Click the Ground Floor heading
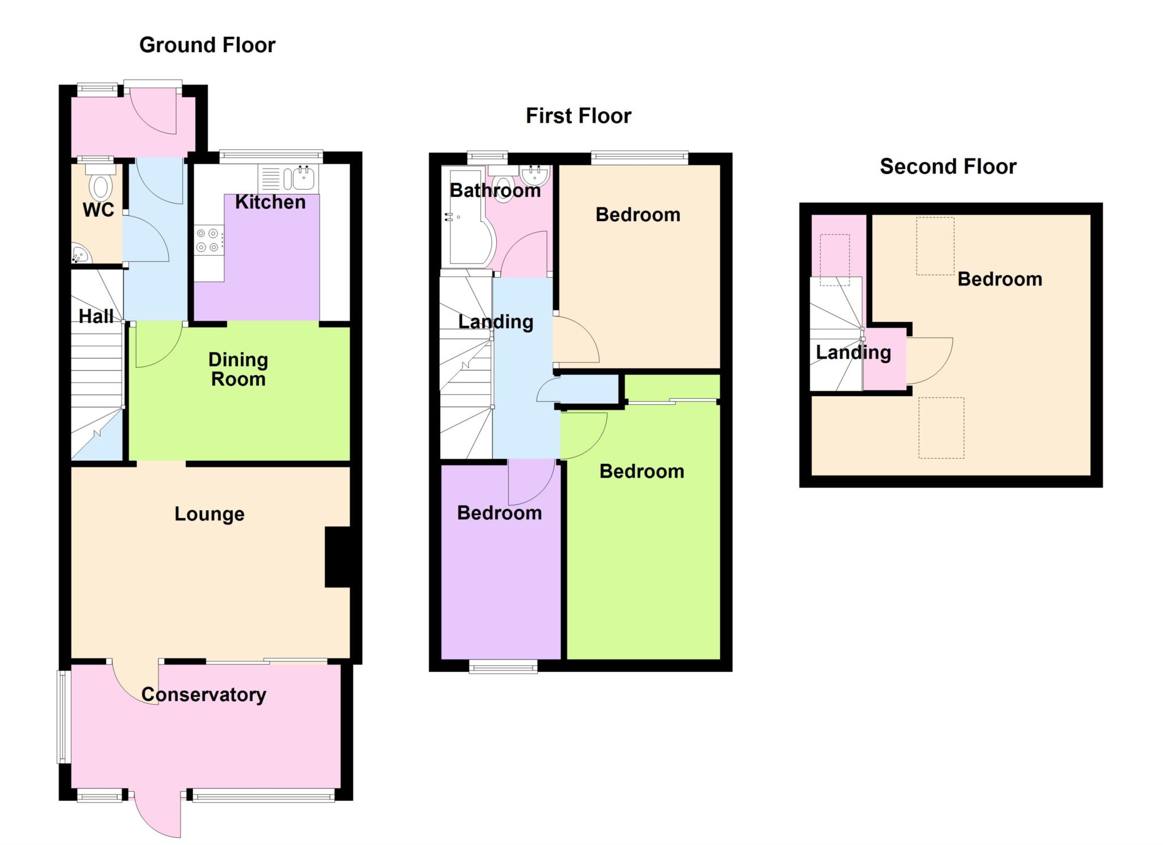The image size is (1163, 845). click(207, 45)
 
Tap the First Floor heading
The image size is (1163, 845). click(578, 116)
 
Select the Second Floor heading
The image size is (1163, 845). click(948, 166)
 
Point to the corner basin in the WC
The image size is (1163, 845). click(80, 255)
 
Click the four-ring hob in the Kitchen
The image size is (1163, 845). click(208, 240)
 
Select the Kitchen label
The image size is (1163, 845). click(270, 202)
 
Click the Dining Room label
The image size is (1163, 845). click(239, 369)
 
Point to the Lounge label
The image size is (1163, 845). click(210, 514)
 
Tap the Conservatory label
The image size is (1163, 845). click(204, 694)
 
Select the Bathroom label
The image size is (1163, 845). click(495, 190)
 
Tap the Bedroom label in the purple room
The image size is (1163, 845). click(499, 513)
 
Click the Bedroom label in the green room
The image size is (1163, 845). click(642, 472)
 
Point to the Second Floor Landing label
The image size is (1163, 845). click(854, 352)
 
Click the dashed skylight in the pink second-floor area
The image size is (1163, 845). click(835, 260)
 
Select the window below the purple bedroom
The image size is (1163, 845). click(503, 666)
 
